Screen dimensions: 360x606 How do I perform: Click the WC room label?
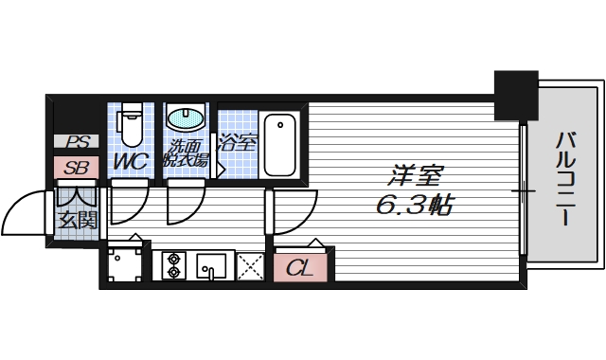131,161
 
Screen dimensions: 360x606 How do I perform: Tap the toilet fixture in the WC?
130,122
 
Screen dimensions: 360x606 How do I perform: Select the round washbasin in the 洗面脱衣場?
184,119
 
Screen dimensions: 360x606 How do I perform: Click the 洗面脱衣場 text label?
187,153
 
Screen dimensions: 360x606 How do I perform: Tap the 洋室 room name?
414,176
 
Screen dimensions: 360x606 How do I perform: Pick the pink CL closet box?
301,266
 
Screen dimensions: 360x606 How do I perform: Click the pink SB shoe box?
75,168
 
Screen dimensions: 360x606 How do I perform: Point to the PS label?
75,142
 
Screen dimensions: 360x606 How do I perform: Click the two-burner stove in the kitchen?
173,264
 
